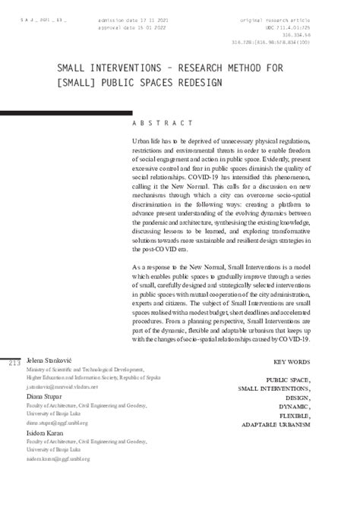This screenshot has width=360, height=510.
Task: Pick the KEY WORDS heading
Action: pos(291,362)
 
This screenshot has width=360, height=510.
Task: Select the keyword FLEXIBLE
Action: pos(295,415)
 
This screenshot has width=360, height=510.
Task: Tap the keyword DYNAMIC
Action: pos(293,406)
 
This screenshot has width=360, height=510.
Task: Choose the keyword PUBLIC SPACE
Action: pos(288,378)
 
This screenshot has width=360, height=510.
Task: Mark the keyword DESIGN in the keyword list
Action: pos(297,397)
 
